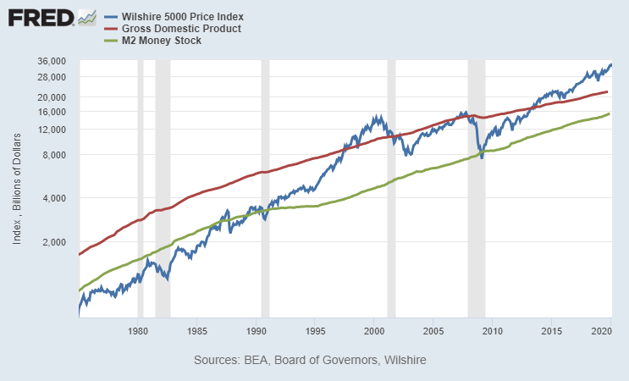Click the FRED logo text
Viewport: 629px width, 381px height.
coord(40,18)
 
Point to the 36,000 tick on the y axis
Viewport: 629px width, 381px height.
coord(52,61)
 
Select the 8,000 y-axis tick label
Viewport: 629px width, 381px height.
coord(55,155)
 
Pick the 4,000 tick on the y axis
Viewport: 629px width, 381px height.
coord(55,199)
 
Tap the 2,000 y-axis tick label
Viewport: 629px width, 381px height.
coord(55,242)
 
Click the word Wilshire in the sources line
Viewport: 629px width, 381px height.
coord(404,361)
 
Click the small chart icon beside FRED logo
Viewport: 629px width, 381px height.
coord(86,17)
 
